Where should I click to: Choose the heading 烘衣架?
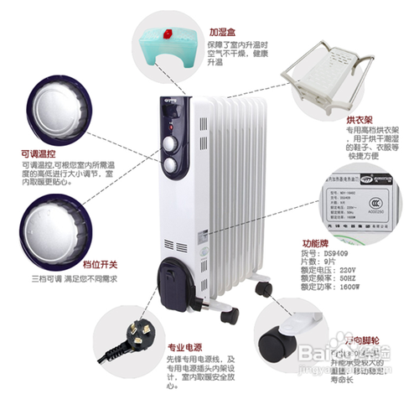[x=334, y=120]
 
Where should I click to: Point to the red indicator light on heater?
[x=163, y=119]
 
